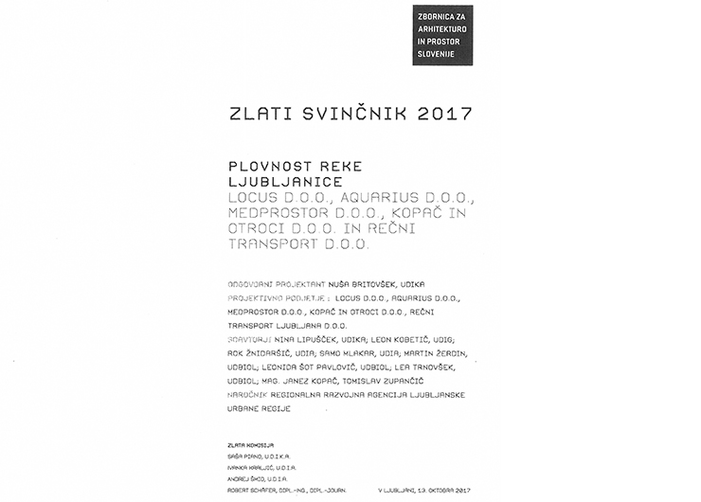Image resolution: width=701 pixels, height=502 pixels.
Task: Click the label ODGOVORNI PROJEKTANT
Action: click(x=277, y=283)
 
